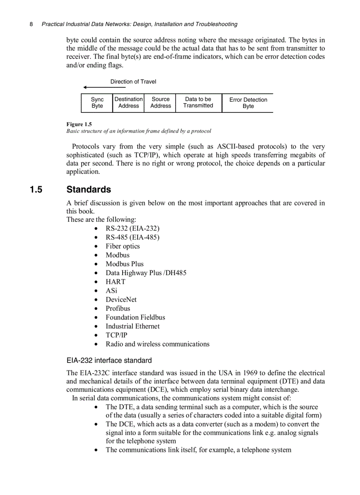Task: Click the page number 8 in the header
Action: [x=31, y=24]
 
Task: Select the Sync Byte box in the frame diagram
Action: [x=97, y=103]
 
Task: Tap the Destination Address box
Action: [x=128, y=103]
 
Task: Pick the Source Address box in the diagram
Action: [x=160, y=103]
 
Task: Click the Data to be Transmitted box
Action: [x=198, y=103]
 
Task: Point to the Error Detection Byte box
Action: [x=248, y=103]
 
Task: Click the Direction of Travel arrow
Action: [x=104, y=87]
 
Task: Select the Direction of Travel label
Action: [x=133, y=82]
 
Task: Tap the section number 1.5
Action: [x=36, y=190]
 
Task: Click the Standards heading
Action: [x=89, y=190]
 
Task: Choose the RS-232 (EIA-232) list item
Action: [x=132, y=228]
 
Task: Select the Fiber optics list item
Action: [x=123, y=246]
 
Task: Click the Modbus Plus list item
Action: [x=124, y=264]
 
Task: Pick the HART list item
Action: [x=115, y=282]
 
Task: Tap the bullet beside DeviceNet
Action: [x=96, y=300]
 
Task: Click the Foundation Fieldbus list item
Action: [x=135, y=317]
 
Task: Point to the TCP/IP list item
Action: [x=116, y=335]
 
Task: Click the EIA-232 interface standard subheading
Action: [x=109, y=360]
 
